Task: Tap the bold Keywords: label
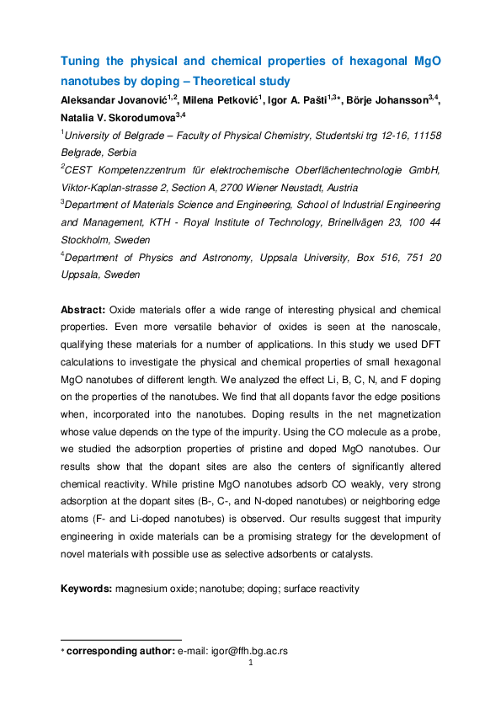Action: tap(87, 589)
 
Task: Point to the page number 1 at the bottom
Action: tap(251, 662)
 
